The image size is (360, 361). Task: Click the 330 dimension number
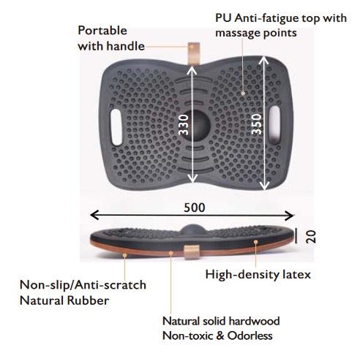184,125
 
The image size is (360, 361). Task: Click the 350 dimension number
257,125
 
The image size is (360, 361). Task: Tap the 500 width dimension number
195,208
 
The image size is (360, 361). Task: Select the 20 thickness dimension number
311,237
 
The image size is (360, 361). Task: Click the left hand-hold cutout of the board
116,127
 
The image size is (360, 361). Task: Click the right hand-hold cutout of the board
275,125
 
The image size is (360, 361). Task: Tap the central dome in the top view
196,125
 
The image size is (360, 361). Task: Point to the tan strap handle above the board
194,53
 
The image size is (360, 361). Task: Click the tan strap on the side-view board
192,252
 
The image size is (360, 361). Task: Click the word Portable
102,31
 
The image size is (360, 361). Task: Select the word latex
296,275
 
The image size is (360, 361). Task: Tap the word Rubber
88,300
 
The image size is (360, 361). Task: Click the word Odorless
250,335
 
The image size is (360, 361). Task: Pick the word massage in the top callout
235,34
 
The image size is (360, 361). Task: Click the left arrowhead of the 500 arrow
94,215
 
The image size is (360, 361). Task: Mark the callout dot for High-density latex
256,242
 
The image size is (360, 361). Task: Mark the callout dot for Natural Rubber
124,255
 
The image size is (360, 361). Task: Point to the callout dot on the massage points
243,93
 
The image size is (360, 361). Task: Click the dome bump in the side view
192,229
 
